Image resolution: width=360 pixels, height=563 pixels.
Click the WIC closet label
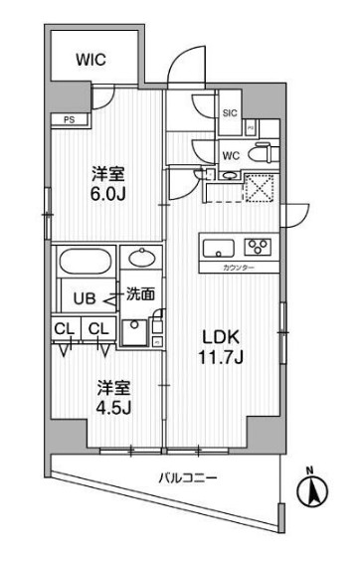pos(91,60)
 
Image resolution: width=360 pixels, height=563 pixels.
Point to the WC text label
pos(230,154)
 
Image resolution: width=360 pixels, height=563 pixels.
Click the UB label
pos(79,295)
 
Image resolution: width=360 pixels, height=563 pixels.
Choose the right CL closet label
pos(97,329)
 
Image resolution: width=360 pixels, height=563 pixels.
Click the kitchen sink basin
pos(221,247)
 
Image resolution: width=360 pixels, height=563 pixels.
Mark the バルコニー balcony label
pos(185,478)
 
